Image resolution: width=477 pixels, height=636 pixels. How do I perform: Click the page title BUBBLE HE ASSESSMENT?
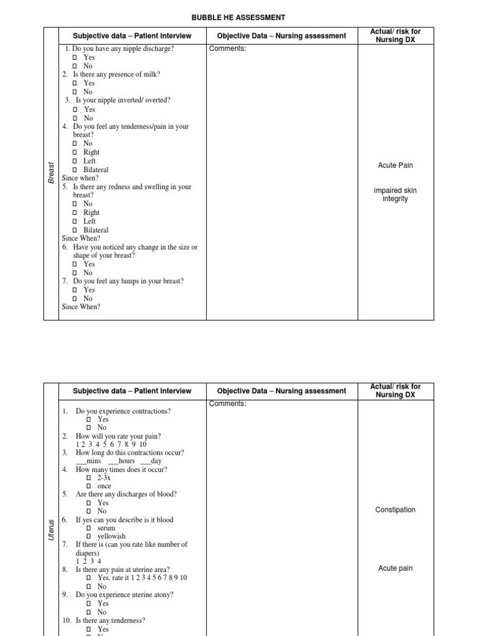click(x=238, y=17)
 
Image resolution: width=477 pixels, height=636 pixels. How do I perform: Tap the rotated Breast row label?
click(x=52, y=173)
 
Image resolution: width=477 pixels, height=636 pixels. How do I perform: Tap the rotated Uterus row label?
click(x=52, y=529)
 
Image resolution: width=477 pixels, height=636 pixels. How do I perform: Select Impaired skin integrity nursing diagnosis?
click(x=396, y=194)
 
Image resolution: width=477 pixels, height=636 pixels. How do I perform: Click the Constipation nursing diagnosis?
click(x=396, y=510)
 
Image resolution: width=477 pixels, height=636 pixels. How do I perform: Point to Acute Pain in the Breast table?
click(x=396, y=165)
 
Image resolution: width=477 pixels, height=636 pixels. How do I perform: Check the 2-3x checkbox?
click(x=89, y=478)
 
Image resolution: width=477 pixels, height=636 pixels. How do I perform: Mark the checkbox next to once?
click(x=89, y=486)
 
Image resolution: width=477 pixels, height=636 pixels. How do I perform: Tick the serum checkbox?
click(x=89, y=528)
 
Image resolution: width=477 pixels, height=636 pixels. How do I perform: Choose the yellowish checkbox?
click(x=89, y=537)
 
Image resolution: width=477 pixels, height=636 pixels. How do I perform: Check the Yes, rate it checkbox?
click(x=89, y=578)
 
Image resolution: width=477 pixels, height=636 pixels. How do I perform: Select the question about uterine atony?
click(x=124, y=594)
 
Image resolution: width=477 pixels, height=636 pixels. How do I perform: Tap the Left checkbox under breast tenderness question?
click(x=75, y=161)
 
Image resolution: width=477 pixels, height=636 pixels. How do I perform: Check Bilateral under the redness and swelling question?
click(x=75, y=230)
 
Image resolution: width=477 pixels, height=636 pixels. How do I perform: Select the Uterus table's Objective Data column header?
click(x=281, y=391)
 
